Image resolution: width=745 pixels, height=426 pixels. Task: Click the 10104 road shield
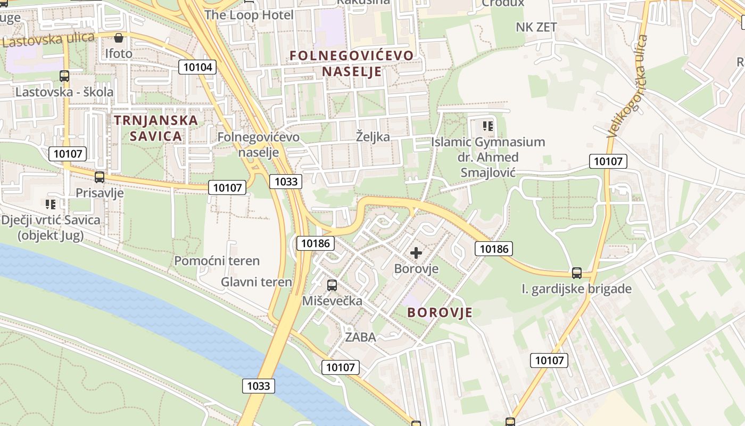pyautogui.click(x=197, y=67)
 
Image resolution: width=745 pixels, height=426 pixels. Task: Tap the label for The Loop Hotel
pyautogui.click(x=249, y=15)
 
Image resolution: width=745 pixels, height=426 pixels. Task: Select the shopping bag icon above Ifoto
pyautogui.click(x=119, y=37)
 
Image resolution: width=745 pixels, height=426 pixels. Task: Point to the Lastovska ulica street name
pyautogui.click(x=48, y=39)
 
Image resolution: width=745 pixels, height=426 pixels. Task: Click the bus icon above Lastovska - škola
pyautogui.click(x=64, y=76)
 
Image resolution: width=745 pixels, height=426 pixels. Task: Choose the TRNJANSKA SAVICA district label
pyautogui.click(x=156, y=128)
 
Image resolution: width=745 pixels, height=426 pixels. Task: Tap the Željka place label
pyautogui.click(x=372, y=137)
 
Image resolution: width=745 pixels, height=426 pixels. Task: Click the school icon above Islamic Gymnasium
pyautogui.click(x=488, y=126)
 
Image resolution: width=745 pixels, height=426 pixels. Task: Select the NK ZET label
pyautogui.click(x=536, y=27)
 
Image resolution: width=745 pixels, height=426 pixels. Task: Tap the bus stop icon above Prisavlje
pyautogui.click(x=100, y=177)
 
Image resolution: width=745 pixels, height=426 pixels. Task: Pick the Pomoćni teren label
pyautogui.click(x=217, y=261)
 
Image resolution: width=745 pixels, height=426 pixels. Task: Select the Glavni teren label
pyautogui.click(x=256, y=282)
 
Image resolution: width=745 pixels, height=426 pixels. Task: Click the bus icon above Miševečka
pyautogui.click(x=332, y=285)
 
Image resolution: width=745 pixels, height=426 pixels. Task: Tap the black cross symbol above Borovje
pyautogui.click(x=416, y=253)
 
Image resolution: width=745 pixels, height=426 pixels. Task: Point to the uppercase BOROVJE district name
pyautogui.click(x=440, y=313)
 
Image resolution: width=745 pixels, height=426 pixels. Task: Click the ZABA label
pyautogui.click(x=360, y=337)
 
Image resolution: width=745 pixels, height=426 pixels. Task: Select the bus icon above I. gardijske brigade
pyautogui.click(x=577, y=273)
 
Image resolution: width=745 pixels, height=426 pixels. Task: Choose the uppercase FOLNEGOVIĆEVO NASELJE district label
pyautogui.click(x=351, y=63)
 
